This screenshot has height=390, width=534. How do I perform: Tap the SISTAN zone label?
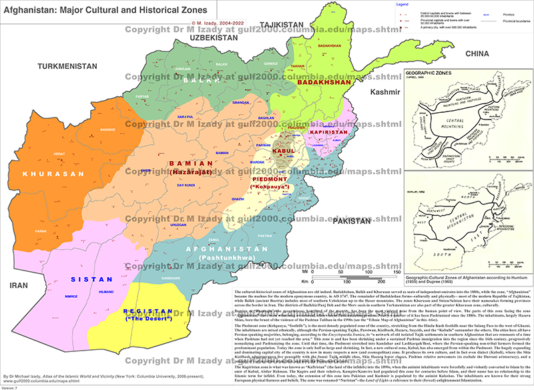(x=89, y=281)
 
